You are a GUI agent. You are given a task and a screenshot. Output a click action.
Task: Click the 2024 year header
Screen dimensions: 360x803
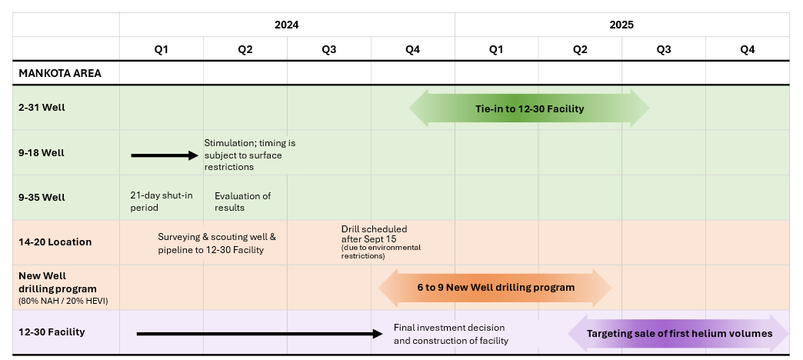coord(286,25)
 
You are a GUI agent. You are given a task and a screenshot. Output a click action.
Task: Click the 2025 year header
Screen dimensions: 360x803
coord(621,25)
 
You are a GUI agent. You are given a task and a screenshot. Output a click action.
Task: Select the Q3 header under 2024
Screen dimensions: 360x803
coord(328,49)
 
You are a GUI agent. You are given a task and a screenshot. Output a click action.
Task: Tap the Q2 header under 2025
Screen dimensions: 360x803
coord(580,49)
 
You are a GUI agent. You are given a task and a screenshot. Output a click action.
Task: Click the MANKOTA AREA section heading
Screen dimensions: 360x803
coord(60,74)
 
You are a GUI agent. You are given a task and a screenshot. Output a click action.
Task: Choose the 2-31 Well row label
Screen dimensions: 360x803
coord(42,108)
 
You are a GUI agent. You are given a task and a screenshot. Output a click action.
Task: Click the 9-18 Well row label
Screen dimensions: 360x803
coord(42,152)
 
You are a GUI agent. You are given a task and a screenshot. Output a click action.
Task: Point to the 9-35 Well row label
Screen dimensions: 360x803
coord(42,197)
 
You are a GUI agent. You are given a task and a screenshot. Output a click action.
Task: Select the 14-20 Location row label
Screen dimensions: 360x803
coord(55,242)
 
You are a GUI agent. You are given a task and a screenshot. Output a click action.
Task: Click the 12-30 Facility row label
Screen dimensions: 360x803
coord(52,332)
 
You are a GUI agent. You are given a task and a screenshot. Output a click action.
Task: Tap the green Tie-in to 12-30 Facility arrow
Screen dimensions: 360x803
coord(529,108)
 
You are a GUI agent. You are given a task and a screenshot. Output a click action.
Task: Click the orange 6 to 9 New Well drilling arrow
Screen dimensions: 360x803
coord(495,288)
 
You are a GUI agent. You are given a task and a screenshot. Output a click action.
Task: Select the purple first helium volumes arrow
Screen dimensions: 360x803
coord(679,334)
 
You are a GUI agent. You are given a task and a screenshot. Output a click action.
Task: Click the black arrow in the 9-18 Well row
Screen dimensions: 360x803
coord(165,155)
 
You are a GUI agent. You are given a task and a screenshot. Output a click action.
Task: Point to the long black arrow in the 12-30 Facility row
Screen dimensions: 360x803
coord(259,334)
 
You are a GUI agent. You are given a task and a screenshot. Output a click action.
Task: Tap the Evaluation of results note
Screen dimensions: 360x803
coord(242,202)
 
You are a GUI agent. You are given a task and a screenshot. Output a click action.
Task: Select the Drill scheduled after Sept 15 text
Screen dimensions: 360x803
coord(375,234)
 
